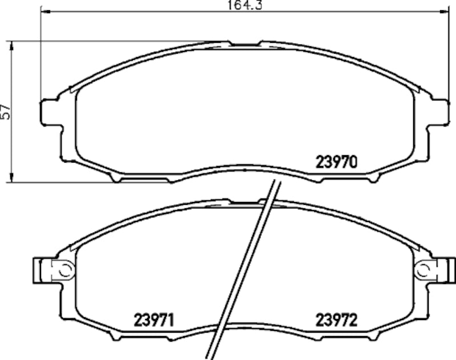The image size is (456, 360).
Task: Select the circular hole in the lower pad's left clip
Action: (64, 268)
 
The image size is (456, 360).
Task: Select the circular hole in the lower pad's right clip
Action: (424, 268)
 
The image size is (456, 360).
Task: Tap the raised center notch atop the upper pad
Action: (245, 43)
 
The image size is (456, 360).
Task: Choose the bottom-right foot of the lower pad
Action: (373, 337)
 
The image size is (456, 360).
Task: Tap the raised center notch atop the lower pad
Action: (245, 201)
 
